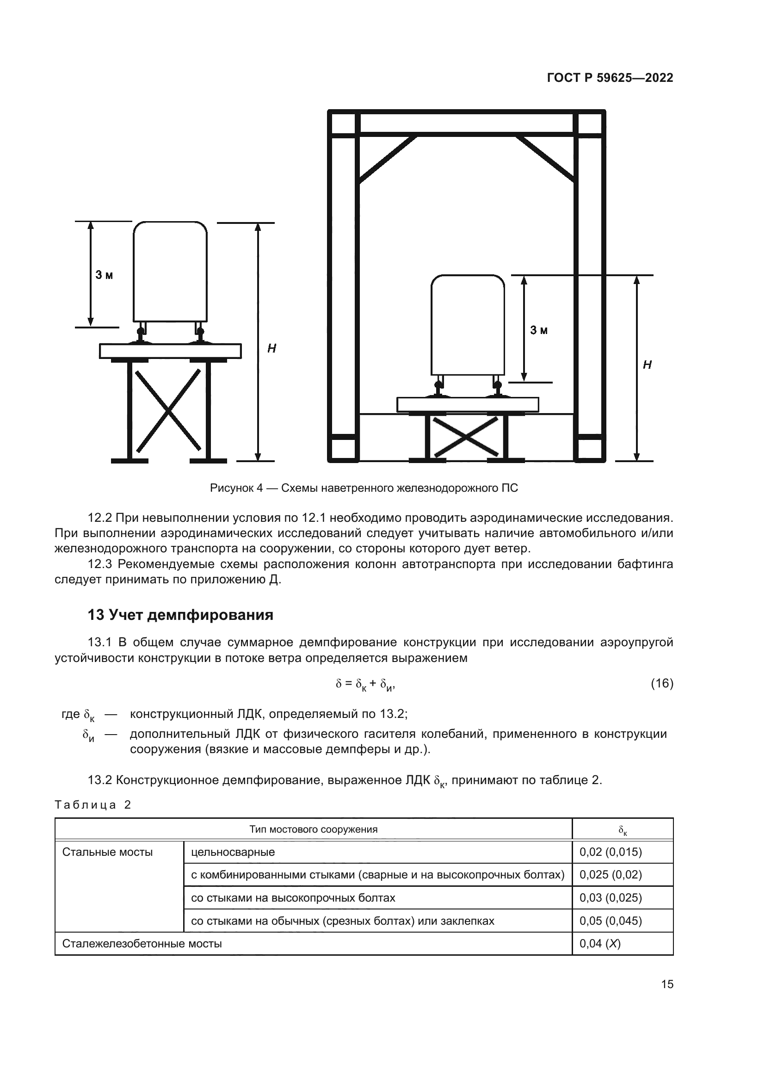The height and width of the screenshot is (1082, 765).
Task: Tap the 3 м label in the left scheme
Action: tap(104, 275)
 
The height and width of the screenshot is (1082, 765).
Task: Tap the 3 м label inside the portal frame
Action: tap(539, 330)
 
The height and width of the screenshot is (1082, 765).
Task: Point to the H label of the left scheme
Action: tap(271, 349)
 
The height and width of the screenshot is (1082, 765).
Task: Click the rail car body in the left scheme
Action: tap(170, 272)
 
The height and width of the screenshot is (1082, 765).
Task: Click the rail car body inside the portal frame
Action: tap(467, 325)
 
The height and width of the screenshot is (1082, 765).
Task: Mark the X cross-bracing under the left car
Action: tap(168, 410)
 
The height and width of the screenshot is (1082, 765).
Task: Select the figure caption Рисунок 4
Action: tap(364, 488)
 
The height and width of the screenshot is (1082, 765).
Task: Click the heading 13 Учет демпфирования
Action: tap(180, 615)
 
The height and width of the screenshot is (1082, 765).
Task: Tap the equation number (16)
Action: tap(661, 683)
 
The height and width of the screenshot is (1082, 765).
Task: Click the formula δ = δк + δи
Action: tap(364, 684)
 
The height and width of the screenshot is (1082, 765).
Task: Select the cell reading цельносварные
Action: tap(233, 852)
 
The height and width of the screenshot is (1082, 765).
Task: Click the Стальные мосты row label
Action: tap(107, 852)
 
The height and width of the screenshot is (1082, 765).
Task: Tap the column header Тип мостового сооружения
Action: tap(313, 829)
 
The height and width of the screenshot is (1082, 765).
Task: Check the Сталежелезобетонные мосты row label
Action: tap(142, 944)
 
